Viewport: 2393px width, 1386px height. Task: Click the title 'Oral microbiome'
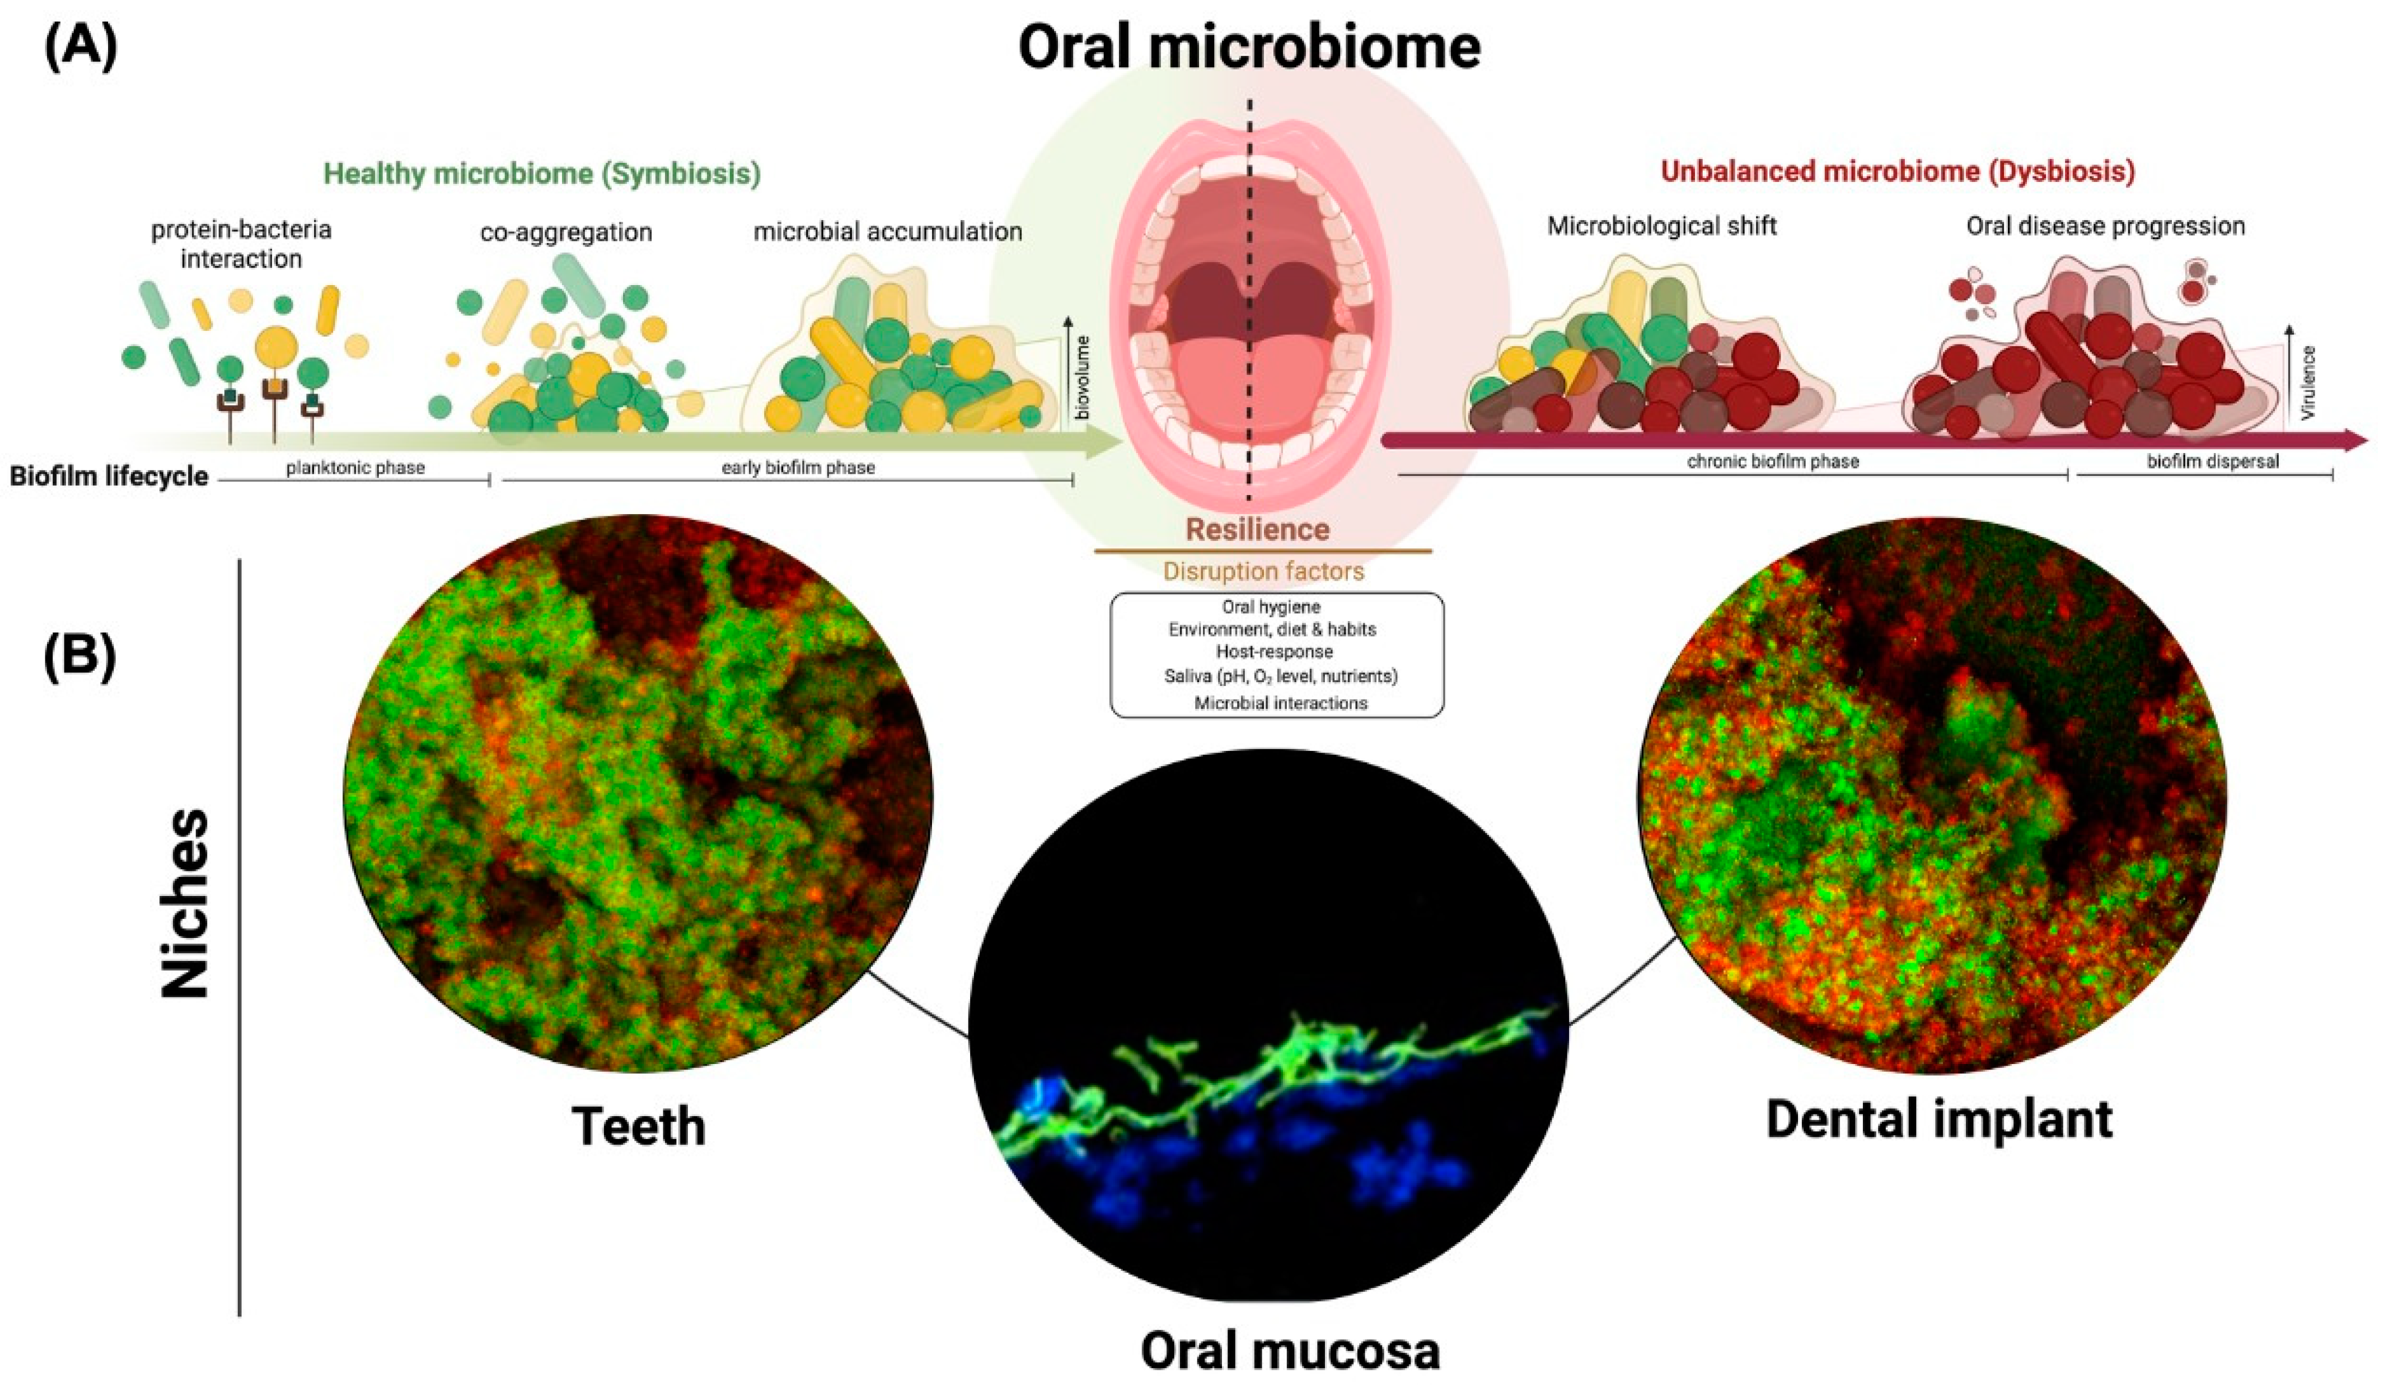[1249, 48]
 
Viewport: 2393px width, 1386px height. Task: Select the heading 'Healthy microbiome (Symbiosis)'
[542, 174]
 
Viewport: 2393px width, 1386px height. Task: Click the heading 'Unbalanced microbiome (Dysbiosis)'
[1897, 172]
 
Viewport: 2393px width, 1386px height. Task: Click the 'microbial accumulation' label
[888, 232]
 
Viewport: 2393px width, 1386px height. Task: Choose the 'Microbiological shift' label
[1662, 226]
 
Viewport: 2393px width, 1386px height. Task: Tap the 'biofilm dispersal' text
[2213, 461]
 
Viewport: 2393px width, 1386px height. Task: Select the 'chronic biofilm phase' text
[1772, 461]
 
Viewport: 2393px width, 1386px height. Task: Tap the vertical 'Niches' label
[185, 903]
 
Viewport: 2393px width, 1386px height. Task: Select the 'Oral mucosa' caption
[1290, 1350]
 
